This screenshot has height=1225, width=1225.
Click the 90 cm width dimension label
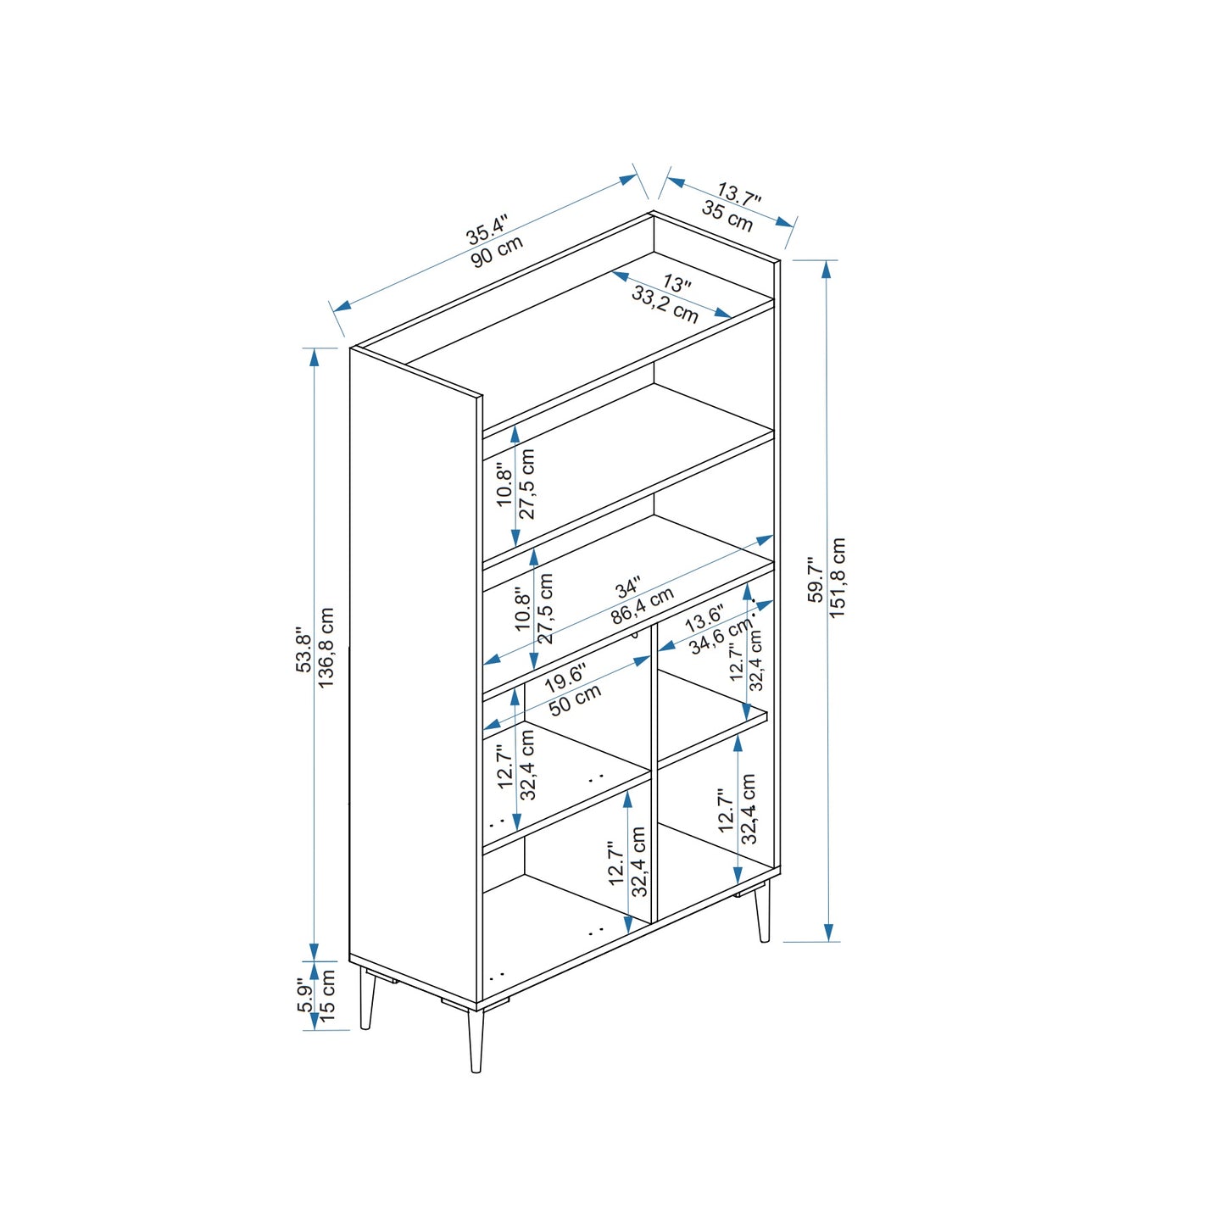(498, 253)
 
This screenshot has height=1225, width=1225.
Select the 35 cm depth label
(727, 216)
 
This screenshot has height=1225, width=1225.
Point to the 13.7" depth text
(739, 193)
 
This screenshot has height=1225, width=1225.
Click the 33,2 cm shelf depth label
(665, 303)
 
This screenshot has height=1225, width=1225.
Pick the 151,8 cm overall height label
(838, 578)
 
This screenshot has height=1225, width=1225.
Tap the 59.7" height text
(816, 581)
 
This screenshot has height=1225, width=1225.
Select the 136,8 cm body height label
(326, 647)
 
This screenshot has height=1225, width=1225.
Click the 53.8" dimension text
(303, 653)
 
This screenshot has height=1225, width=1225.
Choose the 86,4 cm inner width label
(642, 606)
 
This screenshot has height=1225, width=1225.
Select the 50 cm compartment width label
(575, 700)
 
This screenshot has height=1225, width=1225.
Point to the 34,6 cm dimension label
(721, 637)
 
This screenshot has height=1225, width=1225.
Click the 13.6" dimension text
(704, 619)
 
